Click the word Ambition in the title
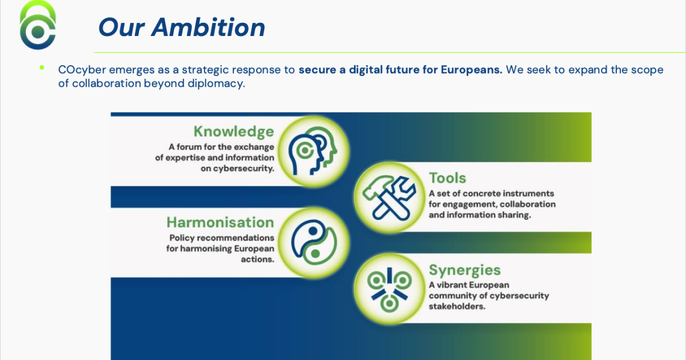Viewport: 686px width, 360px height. [208, 27]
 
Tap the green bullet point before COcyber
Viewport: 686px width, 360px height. [42, 67]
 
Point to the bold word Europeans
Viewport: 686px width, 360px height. [472, 70]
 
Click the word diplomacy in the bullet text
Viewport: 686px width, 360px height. [216, 83]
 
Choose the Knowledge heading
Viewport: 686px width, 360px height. [234, 131]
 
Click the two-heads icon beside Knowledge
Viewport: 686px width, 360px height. [313, 151]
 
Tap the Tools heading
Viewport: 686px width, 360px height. [448, 178]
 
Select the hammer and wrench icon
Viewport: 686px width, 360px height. [389, 198]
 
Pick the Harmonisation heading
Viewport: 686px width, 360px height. [220, 222]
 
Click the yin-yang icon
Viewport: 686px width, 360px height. [314, 242]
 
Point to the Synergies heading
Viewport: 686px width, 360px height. [465, 270]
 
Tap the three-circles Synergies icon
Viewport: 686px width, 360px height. [389, 290]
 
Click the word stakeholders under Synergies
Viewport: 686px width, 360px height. [457, 306]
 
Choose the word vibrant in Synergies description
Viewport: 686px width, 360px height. [452, 285]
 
